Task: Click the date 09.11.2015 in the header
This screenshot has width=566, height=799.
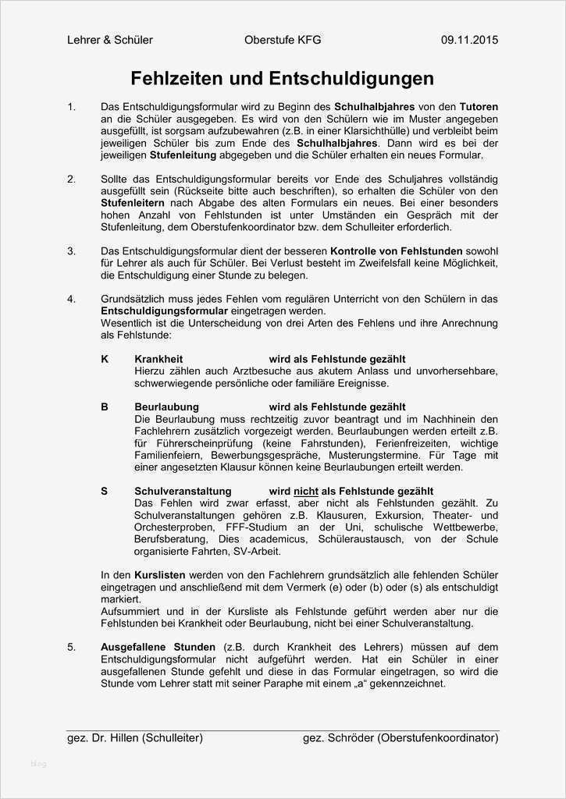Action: click(x=469, y=40)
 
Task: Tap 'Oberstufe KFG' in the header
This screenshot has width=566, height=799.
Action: click(x=283, y=40)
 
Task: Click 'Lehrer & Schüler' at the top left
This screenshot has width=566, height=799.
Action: click(x=110, y=40)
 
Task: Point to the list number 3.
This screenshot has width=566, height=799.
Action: click(x=71, y=251)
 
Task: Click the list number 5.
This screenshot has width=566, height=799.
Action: click(x=71, y=648)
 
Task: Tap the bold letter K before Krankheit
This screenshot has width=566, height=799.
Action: click(x=105, y=360)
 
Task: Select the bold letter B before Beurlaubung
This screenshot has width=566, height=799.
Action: click(x=105, y=407)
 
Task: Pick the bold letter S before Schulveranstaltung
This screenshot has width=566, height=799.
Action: click(x=105, y=492)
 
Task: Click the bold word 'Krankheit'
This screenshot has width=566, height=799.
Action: click(x=158, y=360)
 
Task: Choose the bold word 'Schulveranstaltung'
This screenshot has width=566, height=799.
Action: click(x=183, y=492)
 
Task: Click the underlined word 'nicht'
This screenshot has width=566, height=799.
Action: click(x=306, y=492)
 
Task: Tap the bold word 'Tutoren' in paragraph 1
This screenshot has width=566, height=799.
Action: click(x=479, y=106)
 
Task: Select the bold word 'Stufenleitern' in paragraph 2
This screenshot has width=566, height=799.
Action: click(x=133, y=203)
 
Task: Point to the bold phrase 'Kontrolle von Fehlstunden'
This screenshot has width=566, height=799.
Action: click(x=397, y=251)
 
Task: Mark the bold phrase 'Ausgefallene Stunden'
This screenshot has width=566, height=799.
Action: click(x=158, y=648)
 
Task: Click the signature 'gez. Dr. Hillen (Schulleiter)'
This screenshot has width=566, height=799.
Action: click(x=136, y=737)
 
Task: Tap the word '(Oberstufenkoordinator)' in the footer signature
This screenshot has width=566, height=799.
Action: click(x=437, y=737)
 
